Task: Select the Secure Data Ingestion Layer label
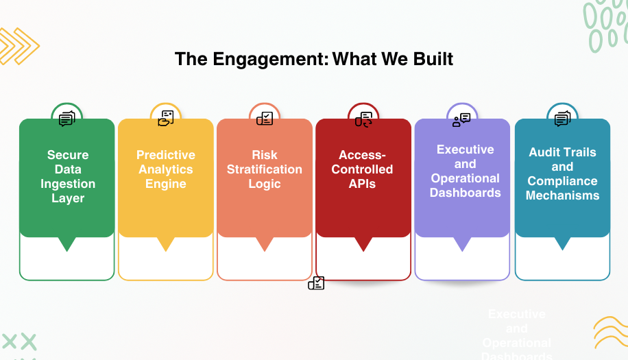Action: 67,177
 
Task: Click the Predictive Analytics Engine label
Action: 166,169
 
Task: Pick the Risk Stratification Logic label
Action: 265,169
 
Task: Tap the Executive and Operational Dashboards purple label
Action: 465,171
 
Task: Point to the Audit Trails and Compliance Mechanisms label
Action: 562,173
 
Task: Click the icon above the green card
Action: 67,119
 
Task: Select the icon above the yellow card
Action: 166,118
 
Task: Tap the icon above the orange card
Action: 265,118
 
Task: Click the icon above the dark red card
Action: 363,119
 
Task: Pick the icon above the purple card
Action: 461,119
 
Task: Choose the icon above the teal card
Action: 562,119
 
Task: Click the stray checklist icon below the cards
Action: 316,283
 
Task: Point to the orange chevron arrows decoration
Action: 18,47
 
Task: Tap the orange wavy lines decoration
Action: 609,333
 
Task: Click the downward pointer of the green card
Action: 67,243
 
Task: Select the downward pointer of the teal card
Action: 562,243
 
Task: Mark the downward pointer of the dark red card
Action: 363,243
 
